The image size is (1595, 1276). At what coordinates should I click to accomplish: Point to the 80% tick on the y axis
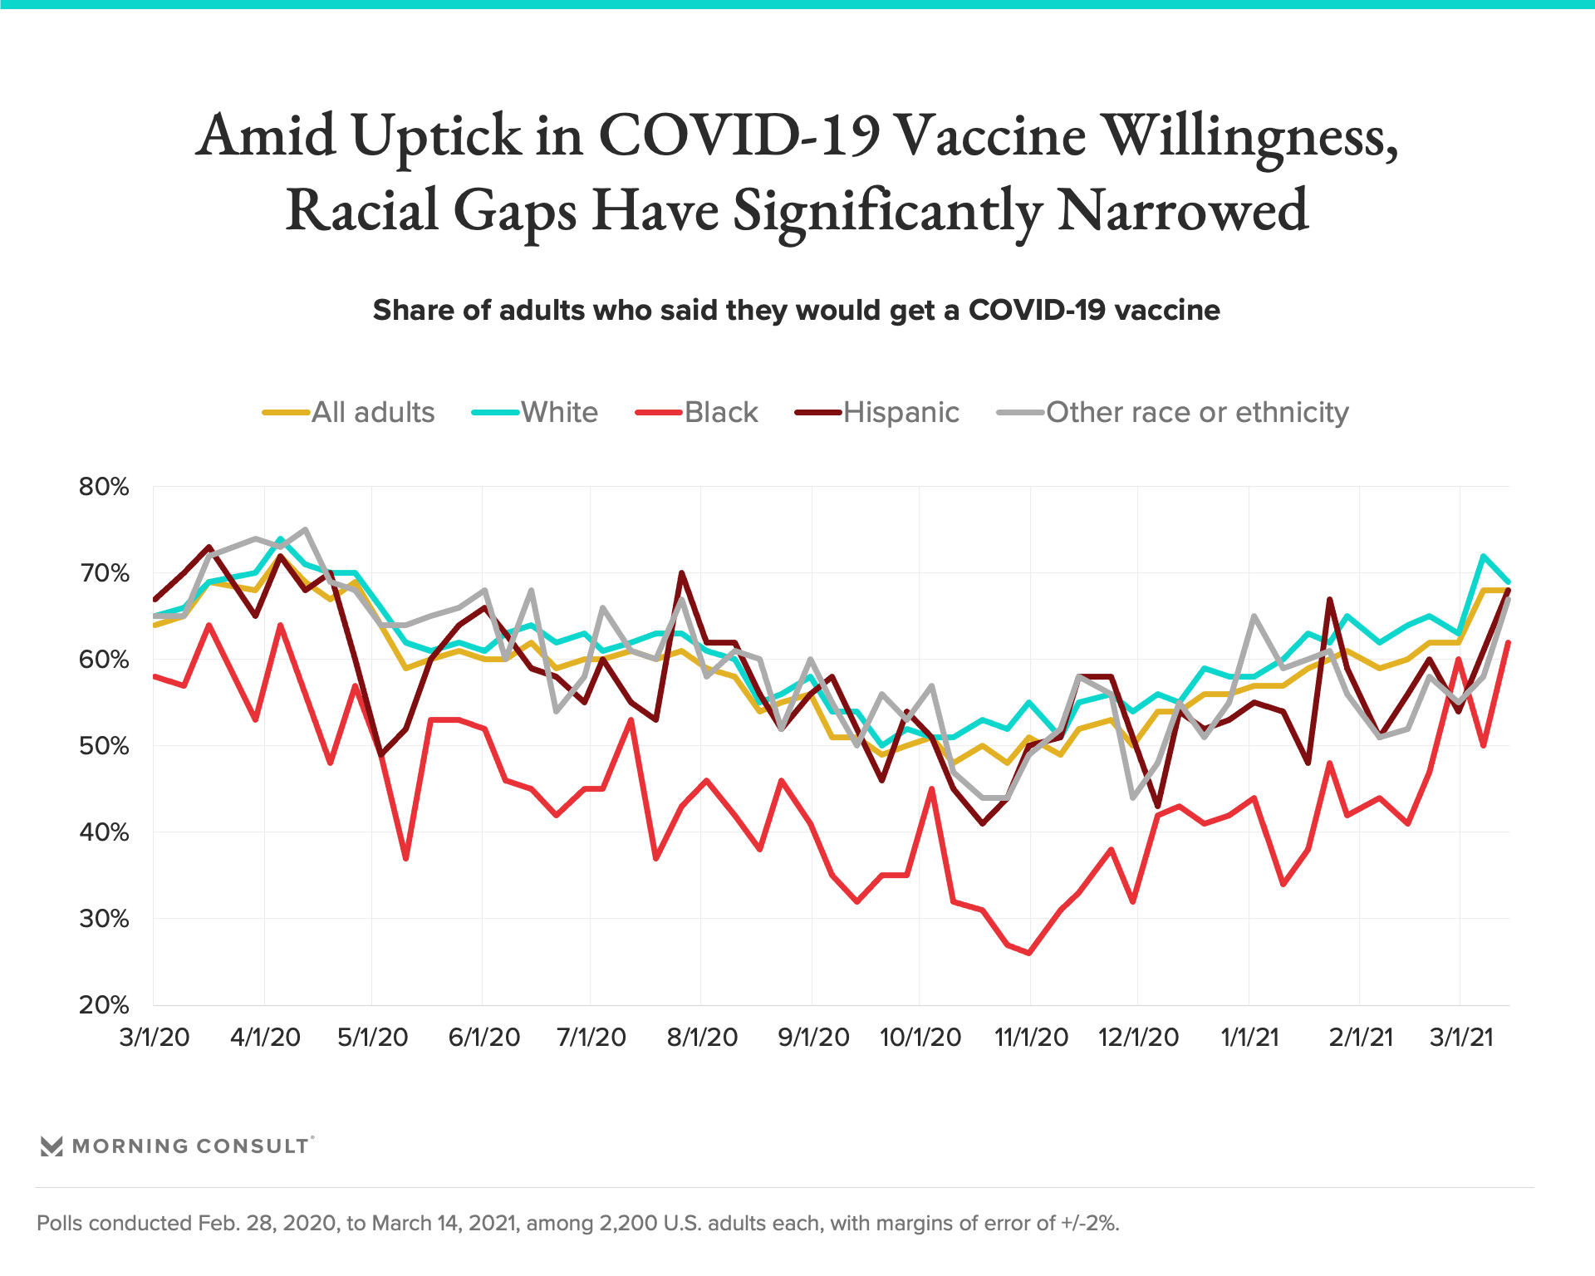pos(104,487)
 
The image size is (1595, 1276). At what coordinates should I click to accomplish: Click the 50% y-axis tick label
pos(104,746)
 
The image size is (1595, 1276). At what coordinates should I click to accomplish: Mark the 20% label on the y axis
pos(104,1005)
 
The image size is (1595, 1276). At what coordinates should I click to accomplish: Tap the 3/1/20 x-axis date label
pos(155,1038)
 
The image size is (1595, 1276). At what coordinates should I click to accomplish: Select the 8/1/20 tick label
pos(702,1038)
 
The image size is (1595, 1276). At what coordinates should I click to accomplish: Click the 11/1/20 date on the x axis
pos(1031,1038)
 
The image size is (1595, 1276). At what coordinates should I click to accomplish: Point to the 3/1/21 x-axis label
pos(1460,1038)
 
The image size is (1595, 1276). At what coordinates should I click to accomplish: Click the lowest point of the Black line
pos(1030,953)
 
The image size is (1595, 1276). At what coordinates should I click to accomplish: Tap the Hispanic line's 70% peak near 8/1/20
pos(681,572)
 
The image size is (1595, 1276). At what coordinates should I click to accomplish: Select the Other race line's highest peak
pos(306,529)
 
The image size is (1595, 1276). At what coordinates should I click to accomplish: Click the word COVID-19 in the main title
pos(738,135)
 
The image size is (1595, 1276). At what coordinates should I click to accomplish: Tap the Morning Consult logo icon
pos(52,1146)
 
